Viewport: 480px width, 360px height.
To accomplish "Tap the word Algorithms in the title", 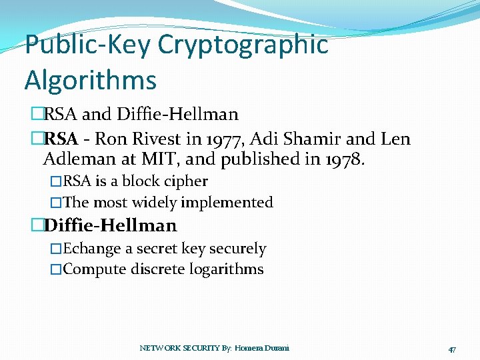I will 91,80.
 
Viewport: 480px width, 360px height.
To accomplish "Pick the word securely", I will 238,249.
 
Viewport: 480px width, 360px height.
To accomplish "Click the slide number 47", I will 452,349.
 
